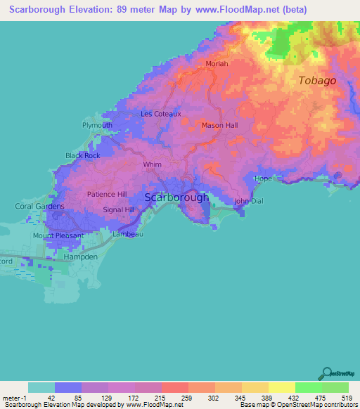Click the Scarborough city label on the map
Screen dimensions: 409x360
click(x=176, y=197)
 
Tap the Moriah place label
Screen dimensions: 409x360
click(x=217, y=63)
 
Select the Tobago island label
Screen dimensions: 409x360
click(x=317, y=80)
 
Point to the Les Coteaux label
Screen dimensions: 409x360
click(x=161, y=113)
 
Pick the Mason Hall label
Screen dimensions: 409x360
click(x=220, y=125)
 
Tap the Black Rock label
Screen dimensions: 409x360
click(x=83, y=155)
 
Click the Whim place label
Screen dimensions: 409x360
click(x=152, y=164)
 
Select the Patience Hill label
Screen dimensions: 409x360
click(x=106, y=194)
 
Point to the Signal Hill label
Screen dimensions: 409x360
click(x=118, y=209)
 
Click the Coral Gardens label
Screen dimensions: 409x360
click(x=40, y=207)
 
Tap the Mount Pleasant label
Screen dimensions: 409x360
click(x=58, y=235)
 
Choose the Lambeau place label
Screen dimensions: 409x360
click(x=129, y=234)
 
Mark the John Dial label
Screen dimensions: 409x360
click(x=248, y=201)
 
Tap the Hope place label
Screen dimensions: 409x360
click(x=263, y=178)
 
